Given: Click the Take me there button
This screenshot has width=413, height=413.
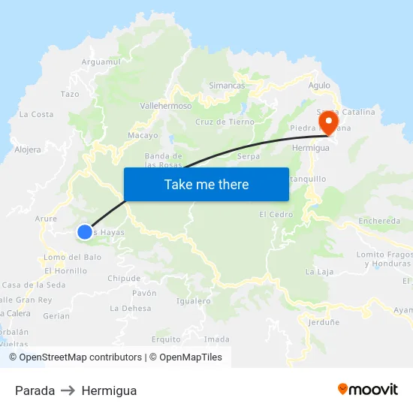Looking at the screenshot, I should (x=206, y=185).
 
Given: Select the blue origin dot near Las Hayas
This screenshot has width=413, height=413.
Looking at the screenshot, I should (x=85, y=233).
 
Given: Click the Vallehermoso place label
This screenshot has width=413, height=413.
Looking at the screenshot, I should (x=166, y=107).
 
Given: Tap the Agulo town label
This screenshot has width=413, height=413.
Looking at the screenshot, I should (x=319, y=86).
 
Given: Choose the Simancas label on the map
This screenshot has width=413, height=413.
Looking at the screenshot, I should (x=227, y=86).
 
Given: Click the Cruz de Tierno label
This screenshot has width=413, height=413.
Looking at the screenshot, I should (x=225, y=122).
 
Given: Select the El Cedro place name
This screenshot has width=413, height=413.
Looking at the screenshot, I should (x=276, y=215).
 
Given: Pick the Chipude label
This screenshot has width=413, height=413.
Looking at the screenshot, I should (x=124, y=278).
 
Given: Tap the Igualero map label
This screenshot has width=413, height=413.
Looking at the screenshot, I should (x=193, y=301).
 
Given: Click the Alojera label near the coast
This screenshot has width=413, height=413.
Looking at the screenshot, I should (x=28, y=149).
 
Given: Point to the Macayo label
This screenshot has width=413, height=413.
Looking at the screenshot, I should (x=143, y=136).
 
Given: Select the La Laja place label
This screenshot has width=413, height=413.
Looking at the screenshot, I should (x=319, y=272).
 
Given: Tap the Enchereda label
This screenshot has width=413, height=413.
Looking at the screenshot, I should (x=379, y=221).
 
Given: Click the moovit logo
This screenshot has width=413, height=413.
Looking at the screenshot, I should (x=368, y=390).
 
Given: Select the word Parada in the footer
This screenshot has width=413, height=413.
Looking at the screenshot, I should (x=35, y=390).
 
